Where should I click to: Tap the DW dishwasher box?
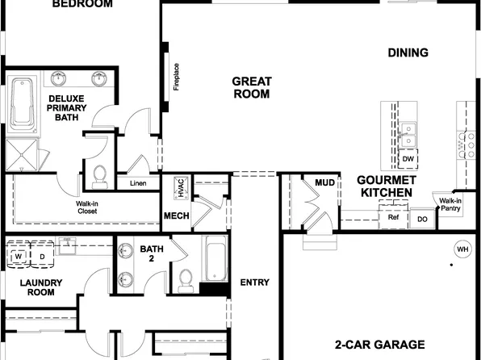408,159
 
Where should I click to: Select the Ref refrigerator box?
394,217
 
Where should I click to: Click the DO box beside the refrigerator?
421,218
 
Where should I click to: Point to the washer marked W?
18,257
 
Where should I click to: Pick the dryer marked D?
42,257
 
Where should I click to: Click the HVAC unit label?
182,187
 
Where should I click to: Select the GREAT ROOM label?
252,87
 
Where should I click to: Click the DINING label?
408,53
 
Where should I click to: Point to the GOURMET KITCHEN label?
387,186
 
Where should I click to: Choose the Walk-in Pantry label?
450,204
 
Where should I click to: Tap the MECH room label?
176,216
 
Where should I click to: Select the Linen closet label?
138,183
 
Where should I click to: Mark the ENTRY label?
255,283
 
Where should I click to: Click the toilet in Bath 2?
187,278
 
